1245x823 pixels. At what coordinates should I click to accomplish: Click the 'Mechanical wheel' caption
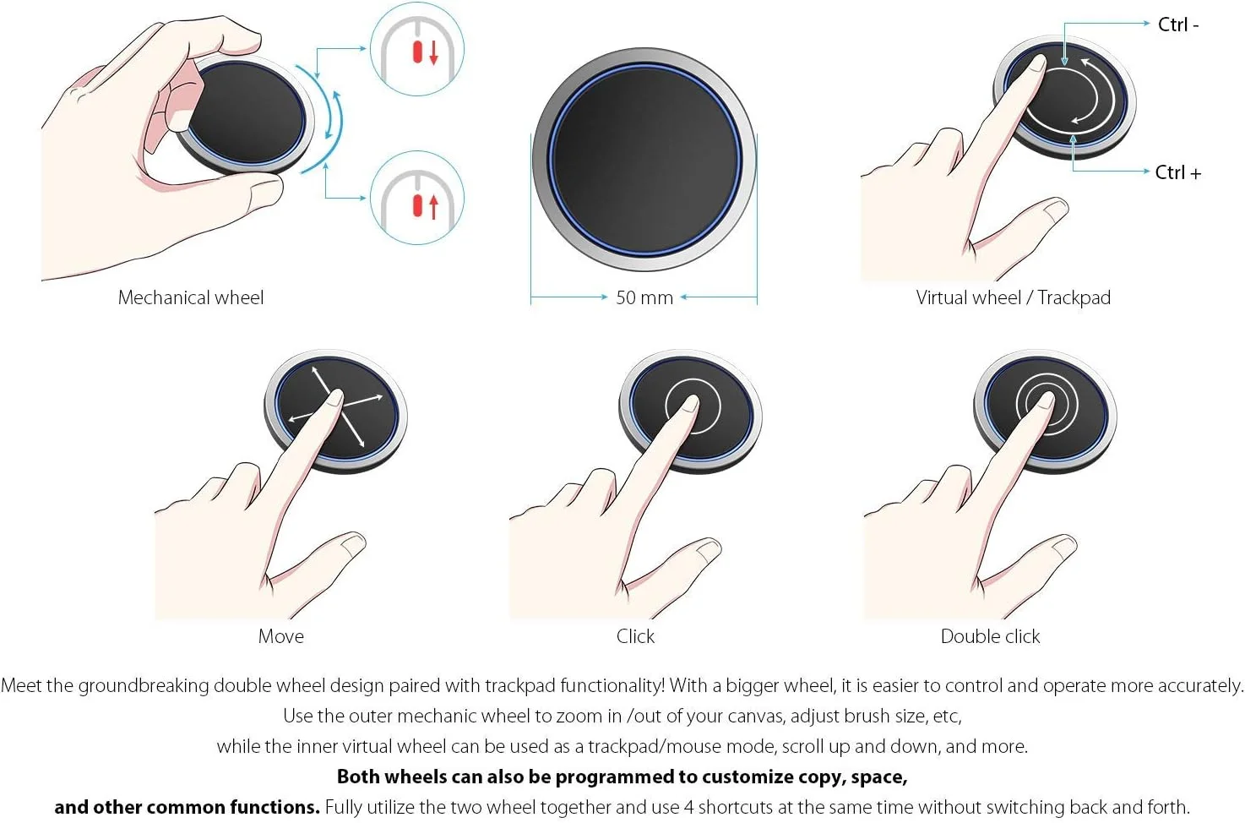(x=191, y=297)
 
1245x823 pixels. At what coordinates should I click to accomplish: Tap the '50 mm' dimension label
(x=644, y=297)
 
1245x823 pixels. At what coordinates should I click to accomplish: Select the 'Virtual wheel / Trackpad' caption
(x=1014, y=297)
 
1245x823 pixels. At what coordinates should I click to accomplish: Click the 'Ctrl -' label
(x=1177, y=25)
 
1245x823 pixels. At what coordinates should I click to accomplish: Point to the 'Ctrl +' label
(x=1177, y=172)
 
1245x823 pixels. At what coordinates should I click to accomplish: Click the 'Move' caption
(x=280, y=636)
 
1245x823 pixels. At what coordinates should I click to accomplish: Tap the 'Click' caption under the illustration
(x=635, y=636)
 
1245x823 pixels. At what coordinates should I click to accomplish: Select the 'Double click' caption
(x=990, y=636)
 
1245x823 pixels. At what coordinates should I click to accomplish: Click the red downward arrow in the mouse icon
(x=433, y=52)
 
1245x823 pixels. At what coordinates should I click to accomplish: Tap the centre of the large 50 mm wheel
(x=644, y=159)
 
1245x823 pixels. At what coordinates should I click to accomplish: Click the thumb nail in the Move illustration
(x=352, y=544)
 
